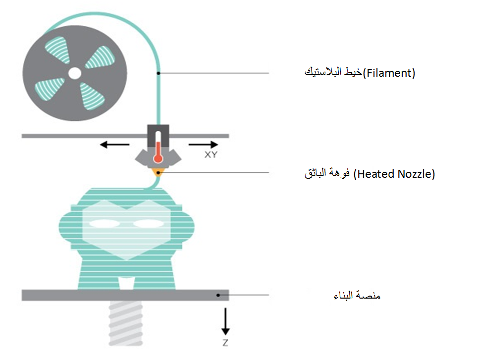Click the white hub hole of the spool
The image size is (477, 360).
click(74, 73)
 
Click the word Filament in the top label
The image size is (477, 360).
click(389, 73)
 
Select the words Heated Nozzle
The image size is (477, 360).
click(395, 174)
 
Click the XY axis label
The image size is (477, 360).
click(210, 154)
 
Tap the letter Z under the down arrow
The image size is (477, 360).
click(225, 342)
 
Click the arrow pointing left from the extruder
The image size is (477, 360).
click(111, 145)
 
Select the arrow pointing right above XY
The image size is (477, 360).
click(203, 145)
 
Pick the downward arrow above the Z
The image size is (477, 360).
click(225, 321)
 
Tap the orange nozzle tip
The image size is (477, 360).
click(159, 172)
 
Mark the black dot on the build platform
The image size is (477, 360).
click(218, 295)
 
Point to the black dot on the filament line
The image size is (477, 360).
click(159, 73)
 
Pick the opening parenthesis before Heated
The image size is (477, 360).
click(355, 174)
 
